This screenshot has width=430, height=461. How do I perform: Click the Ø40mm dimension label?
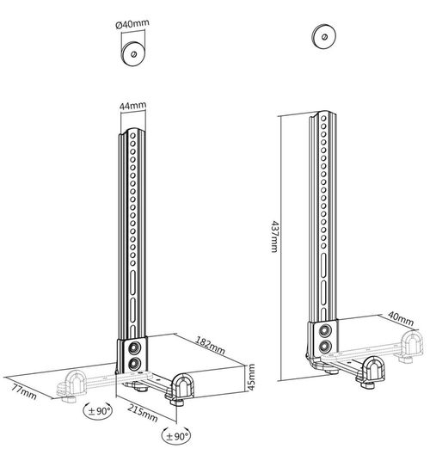pos(132,23)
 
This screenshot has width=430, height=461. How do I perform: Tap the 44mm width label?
pos(132,105)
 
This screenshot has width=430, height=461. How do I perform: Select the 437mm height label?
pos(274,237)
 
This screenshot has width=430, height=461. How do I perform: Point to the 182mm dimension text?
pos(211,346)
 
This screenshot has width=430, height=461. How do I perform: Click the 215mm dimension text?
pos(143,413)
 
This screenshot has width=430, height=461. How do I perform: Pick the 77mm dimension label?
pos(24,392)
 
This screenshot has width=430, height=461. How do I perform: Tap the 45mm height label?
pos(251,378)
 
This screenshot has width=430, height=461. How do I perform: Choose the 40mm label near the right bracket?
pos(401,318)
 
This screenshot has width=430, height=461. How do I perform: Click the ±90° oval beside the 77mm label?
pos(97,410)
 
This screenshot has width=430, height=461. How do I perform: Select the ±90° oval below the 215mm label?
pos(176,436)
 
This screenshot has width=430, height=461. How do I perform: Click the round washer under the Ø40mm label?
pos(134,54)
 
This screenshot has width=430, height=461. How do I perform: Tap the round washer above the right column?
pos(324,37)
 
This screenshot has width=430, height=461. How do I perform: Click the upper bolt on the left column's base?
pos(135,348)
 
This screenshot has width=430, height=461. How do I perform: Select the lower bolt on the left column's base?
pos(134,365)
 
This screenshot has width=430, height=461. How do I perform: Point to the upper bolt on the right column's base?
pos(325,330)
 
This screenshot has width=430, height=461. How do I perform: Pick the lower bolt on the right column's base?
pos(325,347)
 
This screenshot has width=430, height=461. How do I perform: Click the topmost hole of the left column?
pos(132,136)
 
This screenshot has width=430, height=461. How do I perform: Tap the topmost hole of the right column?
pos(323,119)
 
